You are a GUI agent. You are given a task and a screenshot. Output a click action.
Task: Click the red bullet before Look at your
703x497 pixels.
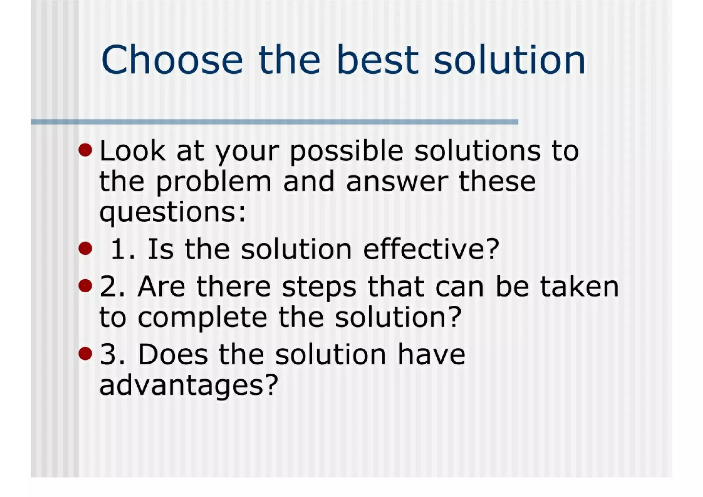tap(85, 150)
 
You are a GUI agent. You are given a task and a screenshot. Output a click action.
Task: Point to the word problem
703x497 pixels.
tap(214, 182)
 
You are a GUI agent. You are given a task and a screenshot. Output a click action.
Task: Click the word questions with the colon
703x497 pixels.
tap(173, 213)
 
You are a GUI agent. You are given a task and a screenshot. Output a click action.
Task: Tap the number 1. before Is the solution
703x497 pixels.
tap(123, 249)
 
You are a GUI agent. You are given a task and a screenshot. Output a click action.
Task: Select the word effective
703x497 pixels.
tap(431, 249)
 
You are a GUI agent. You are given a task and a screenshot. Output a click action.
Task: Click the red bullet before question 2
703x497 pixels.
tap(85, 285)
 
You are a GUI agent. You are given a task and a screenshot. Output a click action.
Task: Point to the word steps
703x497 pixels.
tap(319, 287)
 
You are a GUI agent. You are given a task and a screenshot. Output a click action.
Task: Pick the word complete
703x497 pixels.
tap(202, 318)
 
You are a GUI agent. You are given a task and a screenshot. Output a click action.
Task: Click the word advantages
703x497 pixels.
tap(188, 386)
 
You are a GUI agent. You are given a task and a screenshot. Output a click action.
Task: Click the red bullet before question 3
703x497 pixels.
tap(85, 353)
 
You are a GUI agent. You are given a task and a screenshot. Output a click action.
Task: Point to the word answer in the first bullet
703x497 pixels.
tap(397, 182)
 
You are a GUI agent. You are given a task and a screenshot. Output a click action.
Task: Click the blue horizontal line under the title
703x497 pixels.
tap(275, 122)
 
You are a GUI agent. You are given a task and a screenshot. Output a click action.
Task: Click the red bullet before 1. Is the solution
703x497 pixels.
tap(85, 248)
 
